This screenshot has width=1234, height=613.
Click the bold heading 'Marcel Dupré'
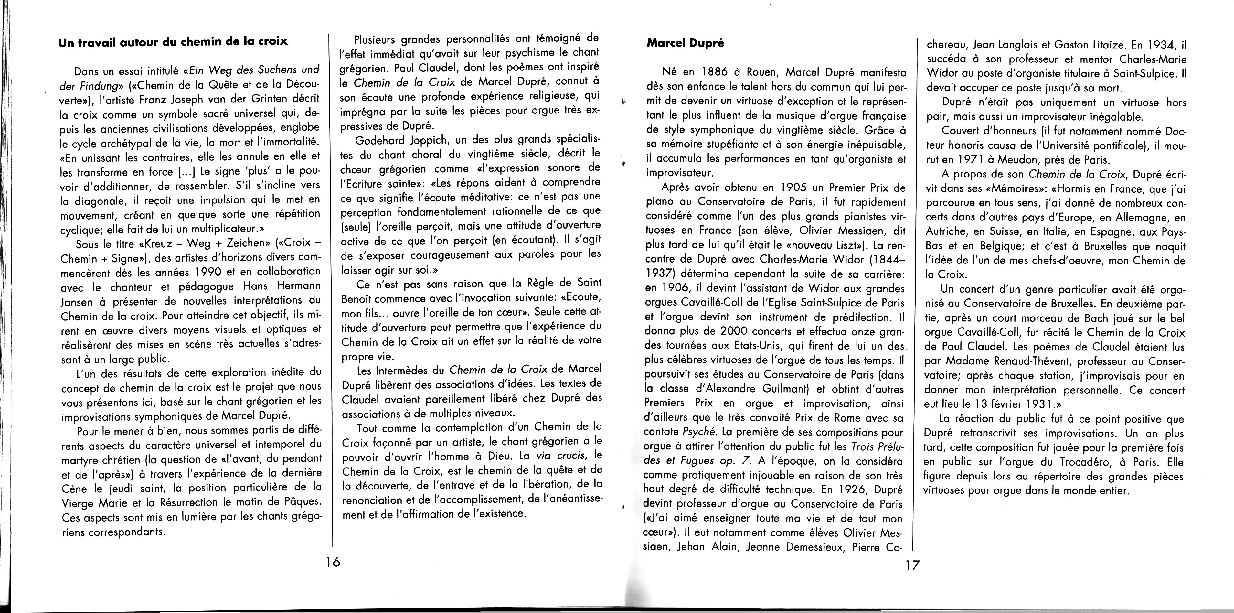pyautogui.click(x=685, y=43)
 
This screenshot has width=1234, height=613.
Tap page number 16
pyautogui.click(x=331, y=562)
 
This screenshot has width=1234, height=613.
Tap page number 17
pyautogui.click(x=912, y=565)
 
